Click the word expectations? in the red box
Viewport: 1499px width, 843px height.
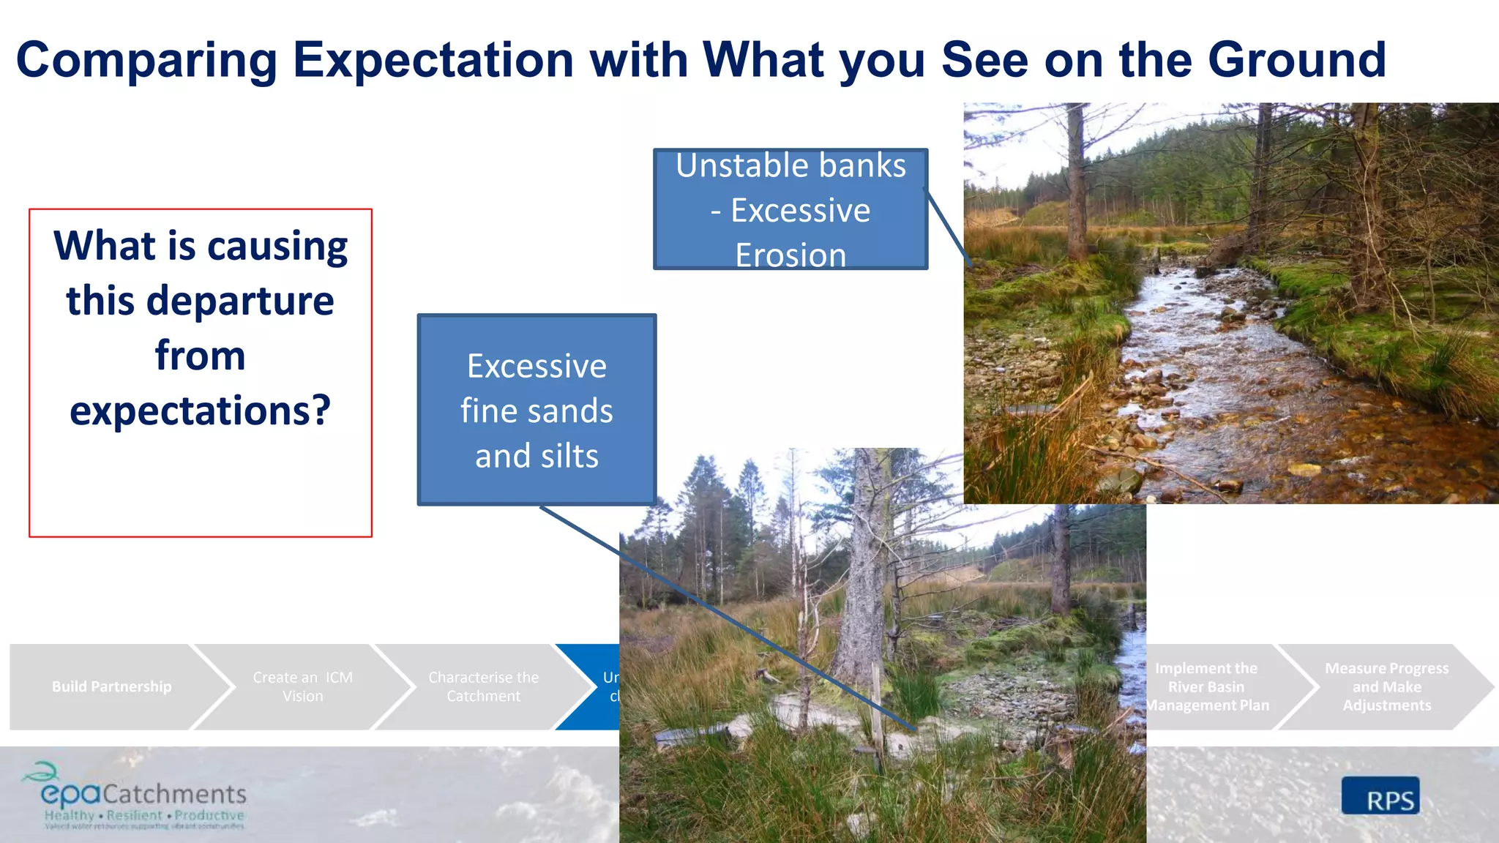(200, 411)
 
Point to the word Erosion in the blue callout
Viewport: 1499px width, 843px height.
(790, 255)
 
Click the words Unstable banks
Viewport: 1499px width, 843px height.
(790, 166)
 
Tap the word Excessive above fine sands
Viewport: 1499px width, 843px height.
(537, 366)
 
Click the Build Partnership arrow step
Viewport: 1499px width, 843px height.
(112, 686)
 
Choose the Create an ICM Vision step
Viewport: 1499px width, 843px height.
(302, 686)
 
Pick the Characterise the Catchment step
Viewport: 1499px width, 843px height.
(483, 686)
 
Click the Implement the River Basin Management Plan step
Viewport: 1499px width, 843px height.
(1208, 686)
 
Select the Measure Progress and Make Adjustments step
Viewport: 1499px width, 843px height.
(1386, 686)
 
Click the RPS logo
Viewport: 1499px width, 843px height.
(1380, 796)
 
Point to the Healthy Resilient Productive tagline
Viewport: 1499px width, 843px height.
(144, 815)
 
